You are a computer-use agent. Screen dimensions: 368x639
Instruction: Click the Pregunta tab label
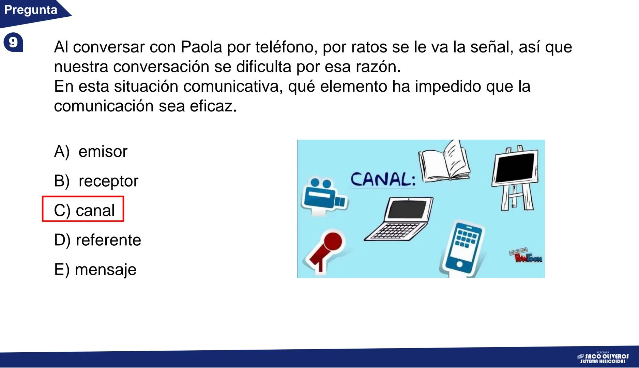31,10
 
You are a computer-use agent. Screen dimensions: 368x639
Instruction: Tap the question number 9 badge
13,43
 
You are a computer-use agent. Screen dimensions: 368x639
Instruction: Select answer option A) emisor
91,151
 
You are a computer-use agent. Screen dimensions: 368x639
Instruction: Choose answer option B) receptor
96,181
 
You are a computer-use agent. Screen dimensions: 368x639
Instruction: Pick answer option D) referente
97,240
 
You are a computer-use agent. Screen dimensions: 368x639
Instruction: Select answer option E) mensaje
95,270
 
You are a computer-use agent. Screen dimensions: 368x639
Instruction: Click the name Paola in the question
201,47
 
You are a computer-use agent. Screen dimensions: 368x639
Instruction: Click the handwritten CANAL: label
383,179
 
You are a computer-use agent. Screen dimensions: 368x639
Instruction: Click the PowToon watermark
526,256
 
